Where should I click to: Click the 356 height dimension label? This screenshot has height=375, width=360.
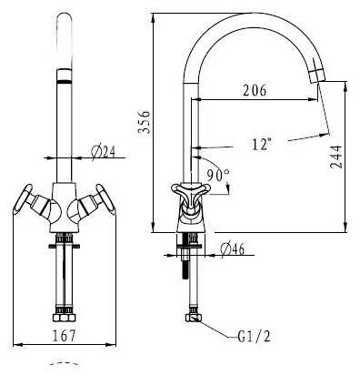144,122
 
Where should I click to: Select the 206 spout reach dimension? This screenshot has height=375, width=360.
255,90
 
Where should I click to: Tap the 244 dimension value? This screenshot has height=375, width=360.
336,157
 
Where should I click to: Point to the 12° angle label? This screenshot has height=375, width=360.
262,144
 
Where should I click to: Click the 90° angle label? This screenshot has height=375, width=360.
218,175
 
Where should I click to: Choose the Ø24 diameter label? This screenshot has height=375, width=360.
104,152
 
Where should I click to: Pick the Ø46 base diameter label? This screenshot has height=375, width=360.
233,249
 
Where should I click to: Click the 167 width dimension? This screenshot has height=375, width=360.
64,336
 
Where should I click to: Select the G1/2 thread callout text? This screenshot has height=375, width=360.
254,336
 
